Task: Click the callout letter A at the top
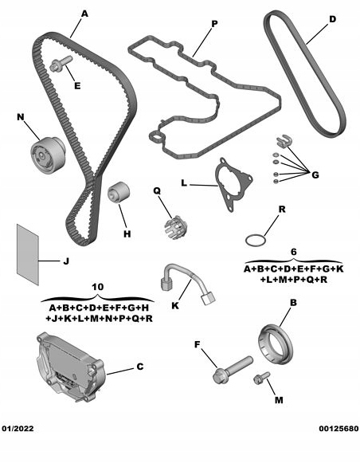pyautogui.click(x=85, y=13)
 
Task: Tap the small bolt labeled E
pyautogui.click(x=59, y=66)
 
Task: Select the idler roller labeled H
pyautogui.click(x=120, y=193)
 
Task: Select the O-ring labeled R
pyautogui.click(x=254, y=240)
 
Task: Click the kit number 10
pyautogui.click(x=98, y=287)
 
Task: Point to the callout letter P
pyautogui.click(x=213, y=25)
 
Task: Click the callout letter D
pyautogui.click(x=333, y=18)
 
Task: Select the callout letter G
pyautogui.click(x=315, y=174)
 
